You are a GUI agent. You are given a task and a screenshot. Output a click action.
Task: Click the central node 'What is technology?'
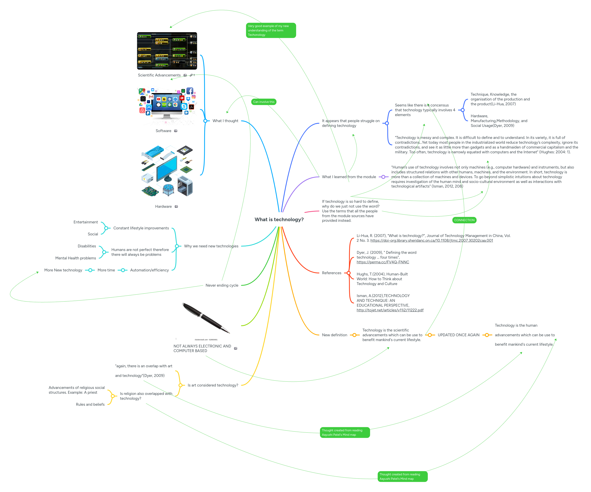coord(279,220)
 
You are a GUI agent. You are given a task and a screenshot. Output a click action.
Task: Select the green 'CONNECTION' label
coord(464,220)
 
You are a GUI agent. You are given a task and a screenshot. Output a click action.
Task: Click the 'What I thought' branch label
coord(225,121)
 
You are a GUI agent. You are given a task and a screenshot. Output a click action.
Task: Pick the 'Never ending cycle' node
coord(222,285)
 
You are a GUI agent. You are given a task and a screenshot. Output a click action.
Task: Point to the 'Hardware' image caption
coord(163,207)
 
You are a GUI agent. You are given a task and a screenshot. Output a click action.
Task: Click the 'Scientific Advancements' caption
coord(159,75)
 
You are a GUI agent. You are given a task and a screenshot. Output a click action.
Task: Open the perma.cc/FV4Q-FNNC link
coord(383,262)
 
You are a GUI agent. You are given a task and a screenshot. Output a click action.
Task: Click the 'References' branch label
coord(331,273)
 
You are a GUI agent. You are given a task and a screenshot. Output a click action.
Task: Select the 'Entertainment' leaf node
coord(86,222)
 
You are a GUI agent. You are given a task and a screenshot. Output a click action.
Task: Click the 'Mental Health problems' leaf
coord(75,258)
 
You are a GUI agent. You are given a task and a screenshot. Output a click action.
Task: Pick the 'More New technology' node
coord(63,270)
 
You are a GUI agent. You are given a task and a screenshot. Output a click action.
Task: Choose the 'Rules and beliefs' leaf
coord(90,405)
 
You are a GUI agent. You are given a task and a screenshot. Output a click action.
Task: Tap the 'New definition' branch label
coord(334,335)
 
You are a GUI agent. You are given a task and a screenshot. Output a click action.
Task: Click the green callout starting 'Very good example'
coord(271,30)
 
